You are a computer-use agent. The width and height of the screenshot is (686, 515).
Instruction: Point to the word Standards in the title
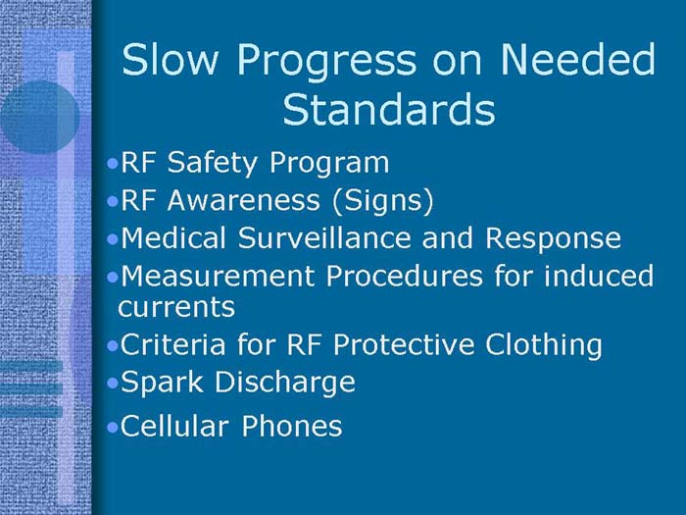pos(388,110)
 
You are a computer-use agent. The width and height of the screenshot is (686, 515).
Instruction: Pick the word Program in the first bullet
pos(334,164)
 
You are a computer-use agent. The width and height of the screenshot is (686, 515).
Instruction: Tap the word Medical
pos(168,238)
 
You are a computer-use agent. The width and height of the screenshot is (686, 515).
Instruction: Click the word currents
pos(176,307)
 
